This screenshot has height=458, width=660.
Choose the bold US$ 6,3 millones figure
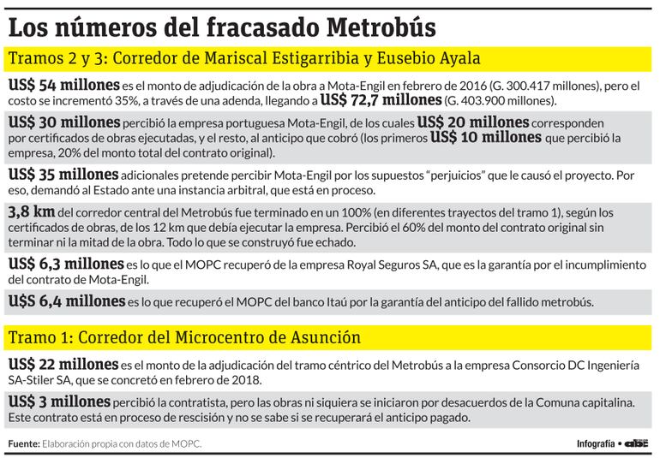65,264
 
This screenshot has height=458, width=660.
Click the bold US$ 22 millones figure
59,365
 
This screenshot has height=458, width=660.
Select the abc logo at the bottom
637,443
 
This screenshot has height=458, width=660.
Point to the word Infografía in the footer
596,443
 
